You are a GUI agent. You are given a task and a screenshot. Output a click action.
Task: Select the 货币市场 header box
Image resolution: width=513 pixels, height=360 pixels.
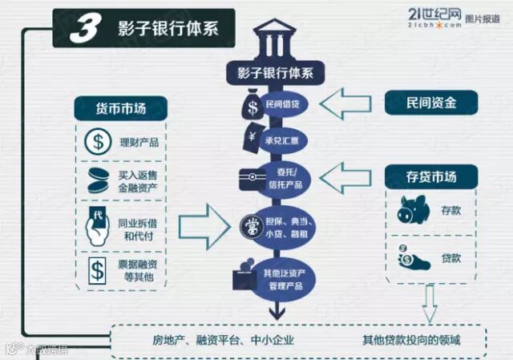coord(121,108)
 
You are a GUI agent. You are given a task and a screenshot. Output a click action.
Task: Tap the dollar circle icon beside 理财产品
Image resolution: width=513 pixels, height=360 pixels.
coord(97,144)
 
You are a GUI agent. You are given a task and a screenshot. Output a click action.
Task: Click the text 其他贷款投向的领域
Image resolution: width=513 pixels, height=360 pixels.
coord(411,340)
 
